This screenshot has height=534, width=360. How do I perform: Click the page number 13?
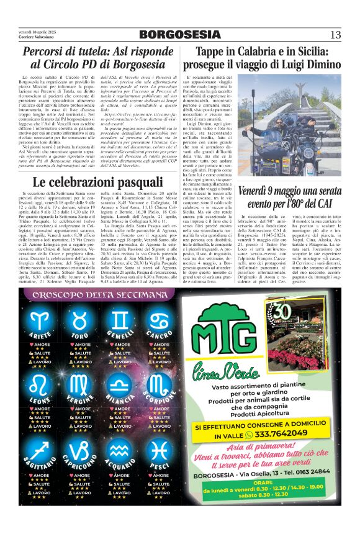(x=335, y=34)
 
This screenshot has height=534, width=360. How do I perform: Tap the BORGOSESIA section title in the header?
(x=179, y=34)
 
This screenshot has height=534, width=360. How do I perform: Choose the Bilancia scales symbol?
(x=119, y=386)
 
